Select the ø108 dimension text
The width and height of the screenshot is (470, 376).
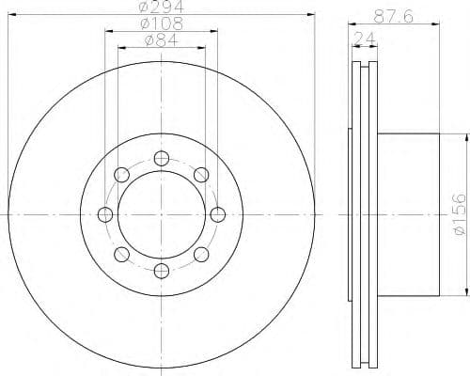161,25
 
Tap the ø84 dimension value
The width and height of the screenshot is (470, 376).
161,40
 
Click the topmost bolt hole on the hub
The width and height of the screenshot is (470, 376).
162,157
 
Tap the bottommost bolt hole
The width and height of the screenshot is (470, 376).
162,273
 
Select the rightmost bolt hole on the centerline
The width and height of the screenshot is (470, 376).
219,214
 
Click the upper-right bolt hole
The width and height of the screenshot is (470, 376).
202,174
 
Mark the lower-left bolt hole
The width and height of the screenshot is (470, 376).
121,256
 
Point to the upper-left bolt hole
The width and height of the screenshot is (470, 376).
121,174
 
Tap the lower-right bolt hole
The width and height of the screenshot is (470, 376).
202,256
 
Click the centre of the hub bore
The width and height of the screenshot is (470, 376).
162,214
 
